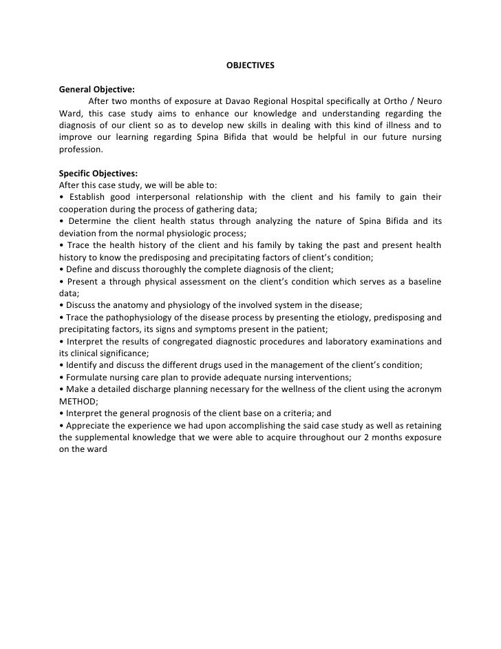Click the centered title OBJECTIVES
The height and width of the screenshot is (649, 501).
click(x=250, y=66)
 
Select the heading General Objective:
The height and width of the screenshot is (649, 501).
click(x=97, y=90)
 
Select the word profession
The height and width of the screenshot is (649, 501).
click(x=81, y=150)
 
